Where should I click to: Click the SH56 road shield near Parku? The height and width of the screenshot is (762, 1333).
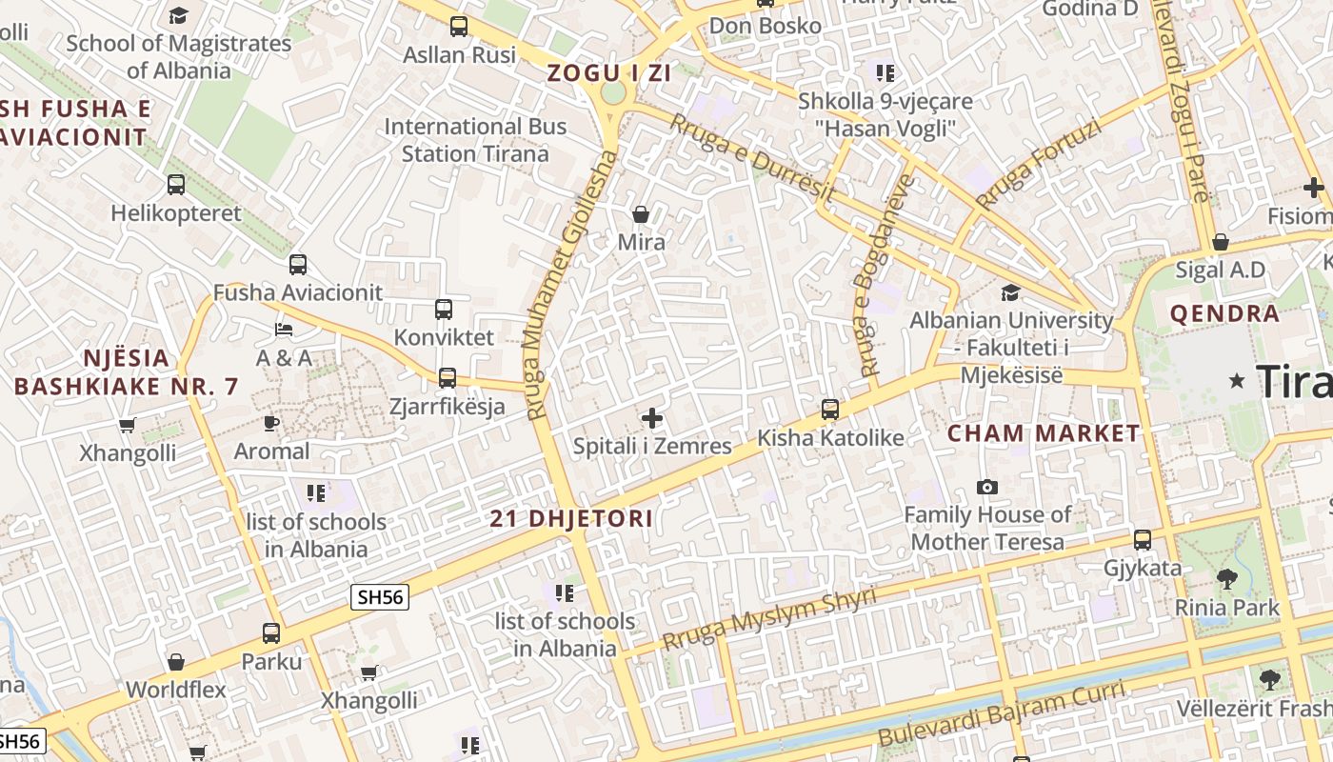pyautogui.click(x=380, y=597)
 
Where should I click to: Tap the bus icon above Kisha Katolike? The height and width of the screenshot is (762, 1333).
pyautogui.click(x=830, y=410)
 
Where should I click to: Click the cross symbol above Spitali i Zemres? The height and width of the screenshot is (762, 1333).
pyautogui.click(x=652, y=418)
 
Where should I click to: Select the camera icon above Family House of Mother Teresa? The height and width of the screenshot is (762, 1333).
pyautogui.click(x=987, y=488)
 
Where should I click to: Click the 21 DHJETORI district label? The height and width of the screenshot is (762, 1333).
pyautogui.click(x=571, y=518)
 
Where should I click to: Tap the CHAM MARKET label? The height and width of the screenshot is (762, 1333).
pyautogui.click(x=1043, y=433)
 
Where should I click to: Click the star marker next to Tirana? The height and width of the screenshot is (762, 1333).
pyautogui.click(x=1237, y=381)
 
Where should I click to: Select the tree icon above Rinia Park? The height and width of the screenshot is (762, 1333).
pyautogui.click(x=1227, y=578)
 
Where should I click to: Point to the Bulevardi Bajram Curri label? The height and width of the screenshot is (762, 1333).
pyautogui.click(x=1002, y=712)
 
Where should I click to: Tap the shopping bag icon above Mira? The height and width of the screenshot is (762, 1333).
pyautogui.click(x=641, y=214)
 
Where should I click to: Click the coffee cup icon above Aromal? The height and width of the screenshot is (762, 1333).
pyautogui.click(x=271, y=423)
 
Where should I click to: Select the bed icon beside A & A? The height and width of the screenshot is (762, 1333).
pyautogui.click(x=284, y=330)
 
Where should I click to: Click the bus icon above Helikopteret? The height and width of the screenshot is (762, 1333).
pyautogui.click(x=176, y=185)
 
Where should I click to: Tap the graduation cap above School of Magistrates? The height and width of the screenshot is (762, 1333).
pyautogui.click(x=178, y=15)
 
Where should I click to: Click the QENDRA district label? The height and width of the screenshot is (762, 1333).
pyautogui.click(x=1224, y=313)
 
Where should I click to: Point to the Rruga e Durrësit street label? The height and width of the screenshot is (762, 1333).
pyautogui.click(x=752, y=157)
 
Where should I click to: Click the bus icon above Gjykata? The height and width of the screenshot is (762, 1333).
pyautogui.click(x=1143, y=540)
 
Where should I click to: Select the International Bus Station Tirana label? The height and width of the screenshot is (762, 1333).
pyautogui.click(x=475, y=140)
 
